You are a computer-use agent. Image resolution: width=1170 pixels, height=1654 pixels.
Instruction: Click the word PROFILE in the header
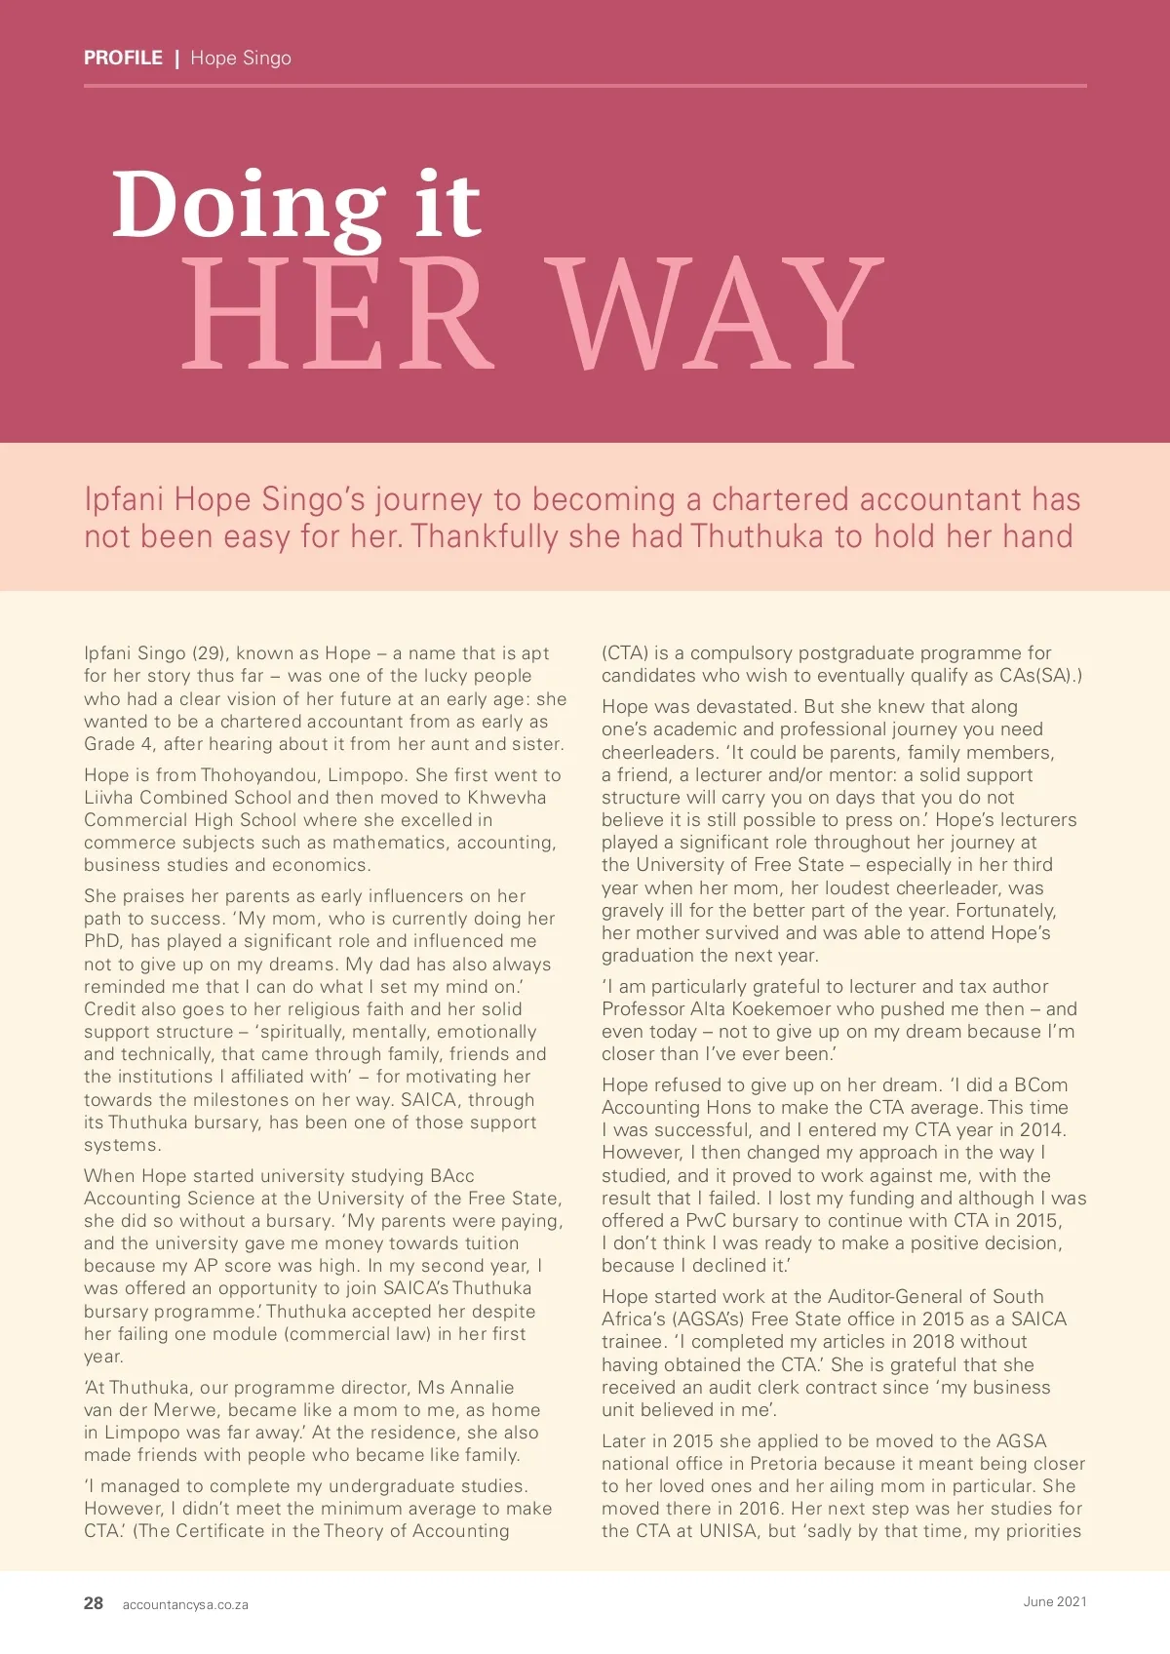[x=123, y=58]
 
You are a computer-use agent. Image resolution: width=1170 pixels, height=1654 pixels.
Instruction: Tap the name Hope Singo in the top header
[x=241, y=58]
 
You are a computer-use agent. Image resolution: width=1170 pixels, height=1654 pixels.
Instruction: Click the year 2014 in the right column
[x=1039, y=1130]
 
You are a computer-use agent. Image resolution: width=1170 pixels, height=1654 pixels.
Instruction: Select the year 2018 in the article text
[x=934, y=1342]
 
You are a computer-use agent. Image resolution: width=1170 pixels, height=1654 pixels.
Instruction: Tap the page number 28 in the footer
[x=94, y=1603]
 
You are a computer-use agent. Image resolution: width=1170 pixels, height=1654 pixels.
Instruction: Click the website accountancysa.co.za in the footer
[x=185, y=1604]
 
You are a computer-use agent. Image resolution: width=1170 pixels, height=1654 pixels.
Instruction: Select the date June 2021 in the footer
[x=1055, y=1601]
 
